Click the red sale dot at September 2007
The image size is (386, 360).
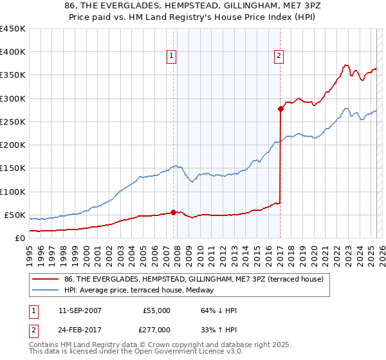click(173, 212)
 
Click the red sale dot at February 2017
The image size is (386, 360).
click(280, 109)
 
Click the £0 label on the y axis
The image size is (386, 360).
click(20, 238)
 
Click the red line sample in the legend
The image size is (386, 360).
click(46, 279)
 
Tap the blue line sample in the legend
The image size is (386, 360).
click(46, 291)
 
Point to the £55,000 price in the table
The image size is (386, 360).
click(156, 310)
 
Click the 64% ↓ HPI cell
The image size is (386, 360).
click(219, 310)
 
